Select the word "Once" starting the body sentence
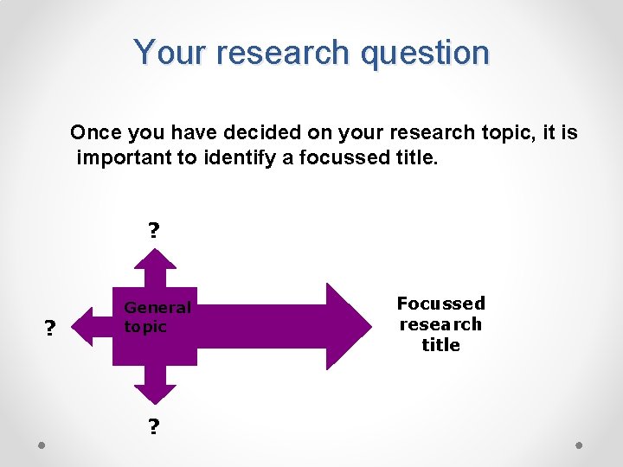[x=95, y=133]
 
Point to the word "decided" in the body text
[x=258, y=133]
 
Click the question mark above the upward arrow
[x=154, y=231]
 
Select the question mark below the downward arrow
[x=154, y=427]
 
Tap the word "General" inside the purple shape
[x=157, y=307]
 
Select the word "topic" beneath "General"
[x=145, y=327]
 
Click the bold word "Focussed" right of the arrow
[x=440, y=304]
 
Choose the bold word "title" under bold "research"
[x=440, y=345]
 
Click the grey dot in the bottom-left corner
[x=42, y=445]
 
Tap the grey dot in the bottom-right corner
[x=580, y=445]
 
